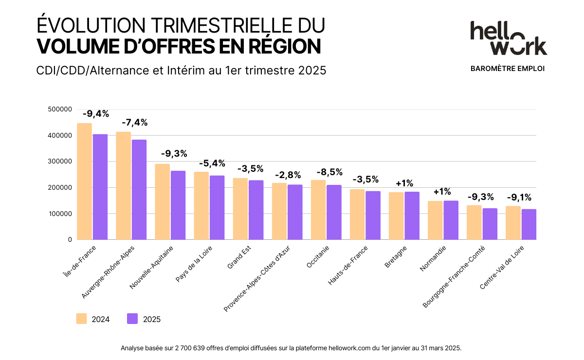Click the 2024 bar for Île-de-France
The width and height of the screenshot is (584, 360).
(85, 181)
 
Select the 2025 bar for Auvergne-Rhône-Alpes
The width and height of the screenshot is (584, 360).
(139, 190)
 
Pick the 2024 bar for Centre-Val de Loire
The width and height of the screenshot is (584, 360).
(513, 223)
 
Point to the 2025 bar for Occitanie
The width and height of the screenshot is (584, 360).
(334, 212)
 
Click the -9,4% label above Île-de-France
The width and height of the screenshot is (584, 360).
(95, 114)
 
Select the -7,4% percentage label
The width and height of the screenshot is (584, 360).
(134, 123)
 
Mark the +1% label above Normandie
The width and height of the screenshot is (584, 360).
(442, 192)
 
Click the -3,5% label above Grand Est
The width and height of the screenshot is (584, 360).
(250, 169)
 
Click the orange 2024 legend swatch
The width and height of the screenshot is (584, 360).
(81, 319)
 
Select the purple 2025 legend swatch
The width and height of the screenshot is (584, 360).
(132, 319)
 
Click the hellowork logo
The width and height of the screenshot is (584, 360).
(508, 38)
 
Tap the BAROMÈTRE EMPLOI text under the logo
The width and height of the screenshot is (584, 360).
(508, 69)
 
